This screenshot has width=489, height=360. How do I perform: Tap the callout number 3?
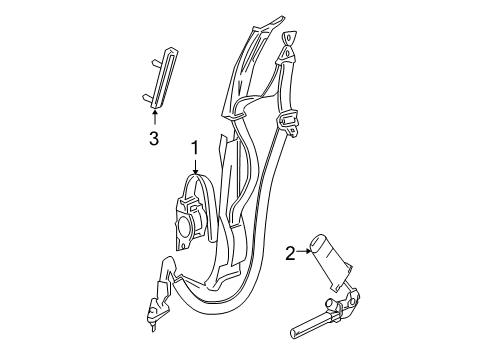pyautogui.click(x=153, y=140)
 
